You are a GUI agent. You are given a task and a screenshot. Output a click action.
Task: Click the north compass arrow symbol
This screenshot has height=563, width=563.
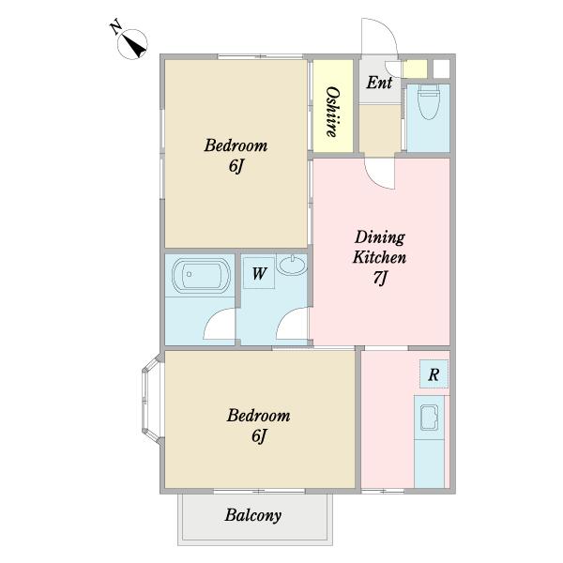132,44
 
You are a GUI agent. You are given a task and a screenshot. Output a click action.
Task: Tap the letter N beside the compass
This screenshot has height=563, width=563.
115,28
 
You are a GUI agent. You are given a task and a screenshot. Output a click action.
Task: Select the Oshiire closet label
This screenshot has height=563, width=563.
332,112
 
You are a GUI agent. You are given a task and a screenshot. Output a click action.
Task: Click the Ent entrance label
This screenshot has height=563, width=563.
379,83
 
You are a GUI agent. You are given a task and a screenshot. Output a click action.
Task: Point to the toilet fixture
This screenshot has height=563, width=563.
429,101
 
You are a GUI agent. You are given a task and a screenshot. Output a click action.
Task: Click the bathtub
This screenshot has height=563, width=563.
201,275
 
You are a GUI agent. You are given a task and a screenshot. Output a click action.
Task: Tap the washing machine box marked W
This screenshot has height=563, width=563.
259,273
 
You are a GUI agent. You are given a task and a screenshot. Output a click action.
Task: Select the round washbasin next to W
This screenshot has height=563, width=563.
293,266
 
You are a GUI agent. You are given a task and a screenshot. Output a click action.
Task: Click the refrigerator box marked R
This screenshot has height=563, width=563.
434,374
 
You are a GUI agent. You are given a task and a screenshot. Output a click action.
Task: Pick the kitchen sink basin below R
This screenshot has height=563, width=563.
429,418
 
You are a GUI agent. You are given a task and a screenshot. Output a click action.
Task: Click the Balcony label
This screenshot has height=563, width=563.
253,515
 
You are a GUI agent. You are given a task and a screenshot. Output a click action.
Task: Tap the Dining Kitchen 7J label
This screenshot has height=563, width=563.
379,257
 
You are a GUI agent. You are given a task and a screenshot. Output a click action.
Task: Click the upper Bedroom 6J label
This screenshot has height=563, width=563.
236,155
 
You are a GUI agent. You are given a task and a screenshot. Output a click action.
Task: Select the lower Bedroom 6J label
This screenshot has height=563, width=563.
259,425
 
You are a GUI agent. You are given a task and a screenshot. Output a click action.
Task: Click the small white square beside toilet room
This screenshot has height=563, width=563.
441,68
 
